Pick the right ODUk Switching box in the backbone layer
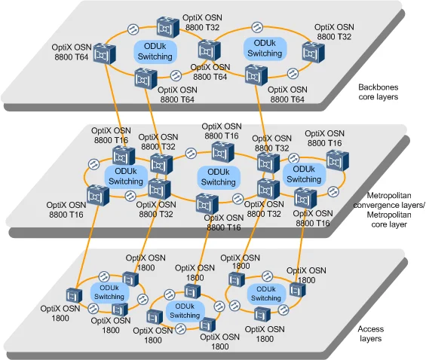(x=265, y=48)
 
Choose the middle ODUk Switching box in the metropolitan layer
(x=219, y=177)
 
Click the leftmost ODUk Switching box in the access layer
(x=109, y=291)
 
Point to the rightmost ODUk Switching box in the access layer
(x=265, y=293)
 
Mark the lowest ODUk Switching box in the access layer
(x=185, y=310)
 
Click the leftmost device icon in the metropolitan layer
(x=94, y=196)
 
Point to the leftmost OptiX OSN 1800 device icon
(x=73, y=294)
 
